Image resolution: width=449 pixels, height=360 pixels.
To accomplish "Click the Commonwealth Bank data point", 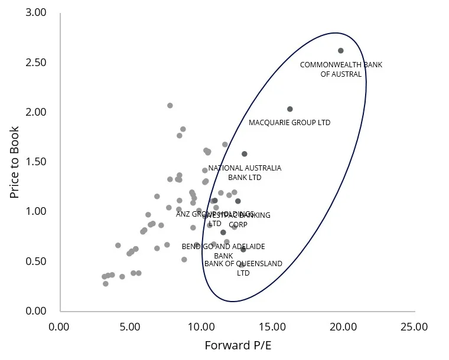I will [341, 51].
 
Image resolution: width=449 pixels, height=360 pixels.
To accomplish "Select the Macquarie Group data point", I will [290, 109].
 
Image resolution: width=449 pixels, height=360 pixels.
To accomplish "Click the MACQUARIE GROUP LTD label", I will [289, 123].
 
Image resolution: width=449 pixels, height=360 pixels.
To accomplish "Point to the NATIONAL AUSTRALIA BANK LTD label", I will [245, 172].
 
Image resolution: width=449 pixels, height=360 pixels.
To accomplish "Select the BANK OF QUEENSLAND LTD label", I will [243, 268].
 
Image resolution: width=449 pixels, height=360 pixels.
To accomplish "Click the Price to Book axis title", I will [14, 162].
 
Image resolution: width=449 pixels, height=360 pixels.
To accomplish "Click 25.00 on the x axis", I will [415, 326].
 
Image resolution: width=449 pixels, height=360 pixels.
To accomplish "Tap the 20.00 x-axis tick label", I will [343, 326].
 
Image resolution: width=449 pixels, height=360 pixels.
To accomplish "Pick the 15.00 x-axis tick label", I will [272, 326].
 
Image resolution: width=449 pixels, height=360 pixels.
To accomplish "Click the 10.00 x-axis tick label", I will [201, 326].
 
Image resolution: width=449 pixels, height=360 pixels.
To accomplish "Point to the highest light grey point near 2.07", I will [170, 106].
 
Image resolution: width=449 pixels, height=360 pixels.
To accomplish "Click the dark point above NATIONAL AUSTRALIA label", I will [245, 154].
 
